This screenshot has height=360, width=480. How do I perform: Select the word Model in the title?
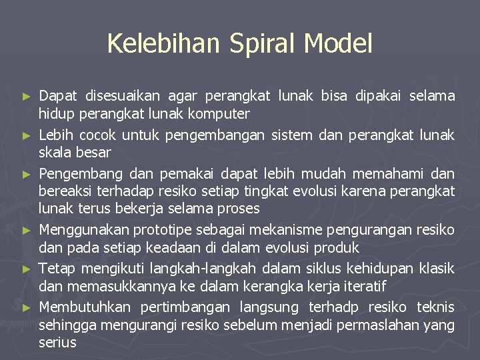tap(338, 44)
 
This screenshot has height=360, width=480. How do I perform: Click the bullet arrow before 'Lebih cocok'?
tap(27, 135)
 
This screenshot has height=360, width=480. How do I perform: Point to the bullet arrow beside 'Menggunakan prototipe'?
tap(27, 231)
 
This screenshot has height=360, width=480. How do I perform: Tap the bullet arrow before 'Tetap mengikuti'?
tap(27, 269)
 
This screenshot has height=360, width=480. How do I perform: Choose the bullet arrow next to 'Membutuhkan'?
tap(27, 308)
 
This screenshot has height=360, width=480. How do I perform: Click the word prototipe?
tap(167, 231)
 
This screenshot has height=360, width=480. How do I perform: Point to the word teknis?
tap(436, 307)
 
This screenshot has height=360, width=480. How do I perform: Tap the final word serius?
tap(57, 343)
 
